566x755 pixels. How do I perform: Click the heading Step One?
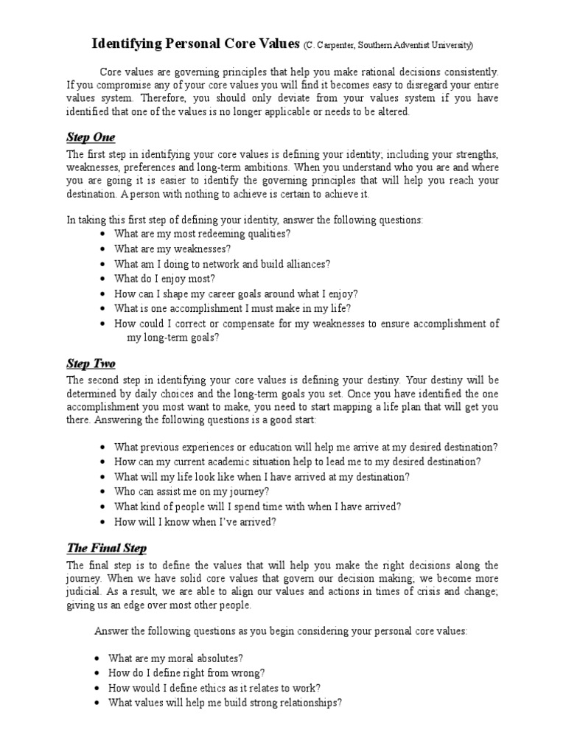click(91, 138)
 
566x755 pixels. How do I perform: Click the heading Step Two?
click(91, 364)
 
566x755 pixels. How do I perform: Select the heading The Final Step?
click(107, 548)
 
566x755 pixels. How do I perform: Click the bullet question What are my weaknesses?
click(173, 248)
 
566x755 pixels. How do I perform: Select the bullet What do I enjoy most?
click(164, 278)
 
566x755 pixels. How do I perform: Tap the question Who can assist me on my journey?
click(192, 491)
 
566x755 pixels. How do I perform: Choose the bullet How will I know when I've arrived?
click(195, 521)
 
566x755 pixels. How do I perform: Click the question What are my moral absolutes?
click(175, 658)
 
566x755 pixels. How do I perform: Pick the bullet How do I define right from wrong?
click(186, 672)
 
